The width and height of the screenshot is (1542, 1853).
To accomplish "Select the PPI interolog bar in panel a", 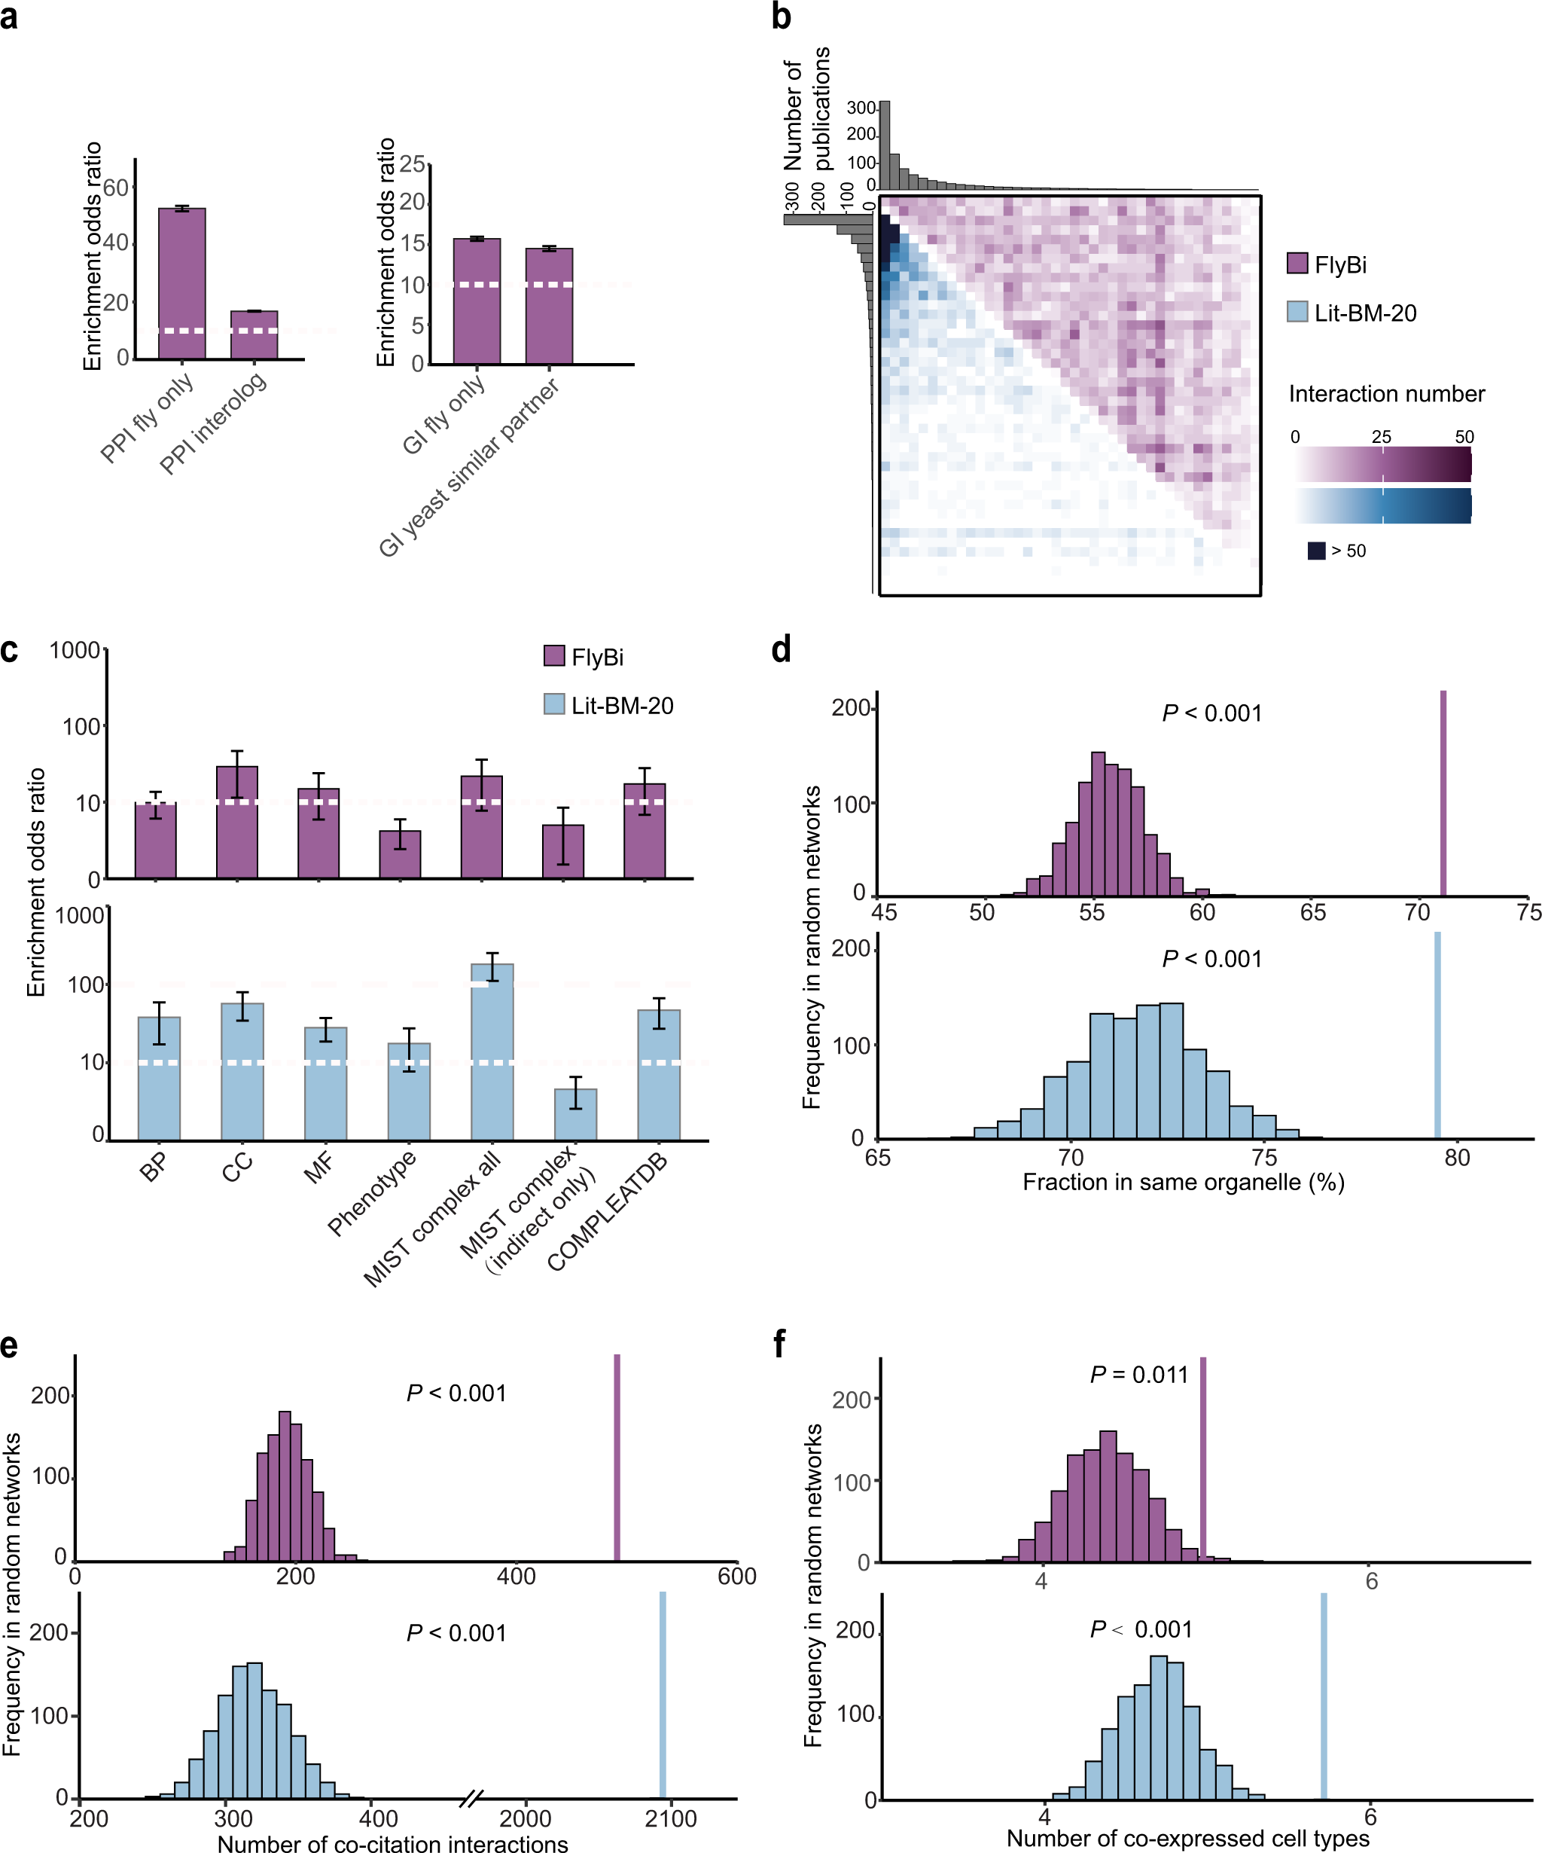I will (254, 334).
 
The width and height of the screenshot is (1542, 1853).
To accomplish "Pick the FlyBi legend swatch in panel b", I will (1297, 263).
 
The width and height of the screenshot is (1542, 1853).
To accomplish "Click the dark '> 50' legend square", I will (1316, 551).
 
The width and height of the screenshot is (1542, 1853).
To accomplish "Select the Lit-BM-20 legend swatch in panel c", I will (554, 704).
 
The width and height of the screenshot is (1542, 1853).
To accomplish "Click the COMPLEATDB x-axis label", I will (607, 1210).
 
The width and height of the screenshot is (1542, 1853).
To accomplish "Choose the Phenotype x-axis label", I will (371, 1194).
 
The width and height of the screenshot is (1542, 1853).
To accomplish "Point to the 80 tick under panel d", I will (1456, 1158).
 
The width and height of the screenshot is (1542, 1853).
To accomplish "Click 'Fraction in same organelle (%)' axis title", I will (1183, 1183).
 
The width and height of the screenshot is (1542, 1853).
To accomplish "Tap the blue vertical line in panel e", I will (663, 1693).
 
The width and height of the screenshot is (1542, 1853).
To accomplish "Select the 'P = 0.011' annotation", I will (1139, 1374).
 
